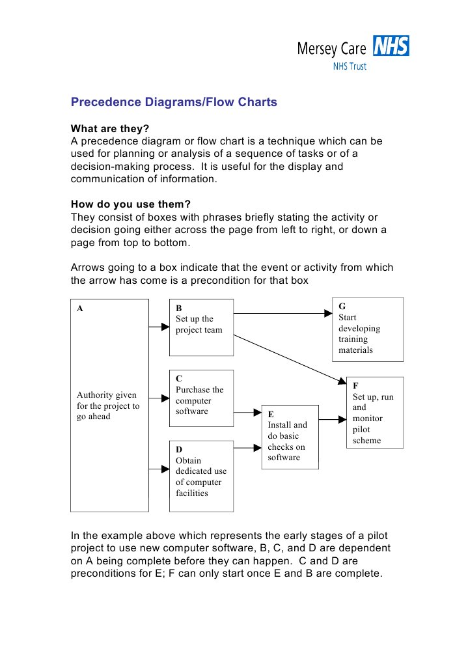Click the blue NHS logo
[x=391, y=47]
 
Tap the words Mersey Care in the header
[x=332, y=48]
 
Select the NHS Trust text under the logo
[x=350, y=66]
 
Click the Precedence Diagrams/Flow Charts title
[x=174, y=102]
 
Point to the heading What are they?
[x=110, y=129]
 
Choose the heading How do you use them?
[x=130, y=204]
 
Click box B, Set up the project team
[x=200, y=327]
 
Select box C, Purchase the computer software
[x=200, y=398]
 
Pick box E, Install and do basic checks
[x=289, y=436]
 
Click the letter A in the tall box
[x=80, y=309]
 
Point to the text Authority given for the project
[x=108, y=406]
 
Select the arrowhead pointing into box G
[x=328, y=313]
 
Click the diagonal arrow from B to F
[x=286, y=358]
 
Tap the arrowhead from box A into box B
[x=165, y=326]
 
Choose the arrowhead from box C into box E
[x=256, y=412]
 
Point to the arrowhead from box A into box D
[x=165, y=467]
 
